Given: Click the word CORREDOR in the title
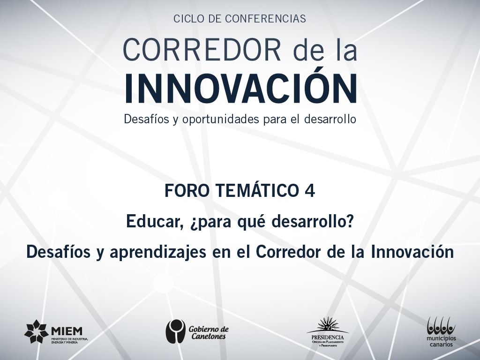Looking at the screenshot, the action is (x=202, y=50).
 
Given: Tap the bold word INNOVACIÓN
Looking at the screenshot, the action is (x=240, y=89).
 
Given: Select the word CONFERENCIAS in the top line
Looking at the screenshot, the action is (x=265, y=19).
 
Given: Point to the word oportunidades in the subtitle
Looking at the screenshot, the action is (x=221, y=120).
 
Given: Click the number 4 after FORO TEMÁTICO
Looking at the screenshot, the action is (x=310, y=190).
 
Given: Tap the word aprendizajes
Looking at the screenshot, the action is (x=157, y=253).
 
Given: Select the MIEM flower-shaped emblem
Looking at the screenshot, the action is (x=37, y=332).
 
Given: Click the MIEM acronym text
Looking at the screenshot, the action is (x=67, y=331).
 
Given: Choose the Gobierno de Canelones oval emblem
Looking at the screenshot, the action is (x=175, y=331).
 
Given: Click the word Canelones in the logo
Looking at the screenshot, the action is (x=209, y=336).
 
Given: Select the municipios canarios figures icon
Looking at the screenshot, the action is (x=441, y=326).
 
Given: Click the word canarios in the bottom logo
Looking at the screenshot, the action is (x=441, y=345).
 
